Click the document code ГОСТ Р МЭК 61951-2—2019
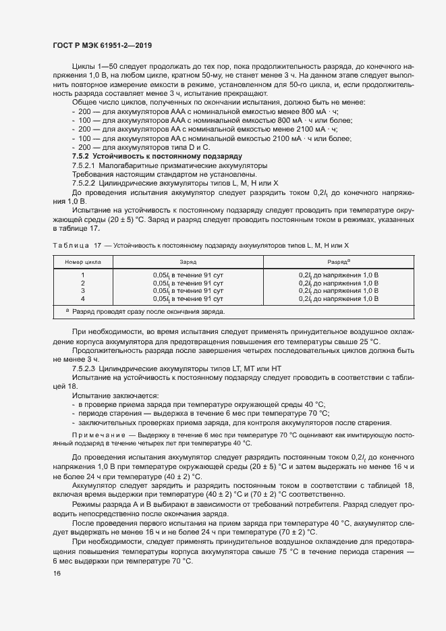[102, 45]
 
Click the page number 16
[56, 573]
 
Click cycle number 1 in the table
[83, 275]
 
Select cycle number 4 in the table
[83, 298]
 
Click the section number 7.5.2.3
[86, 369]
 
